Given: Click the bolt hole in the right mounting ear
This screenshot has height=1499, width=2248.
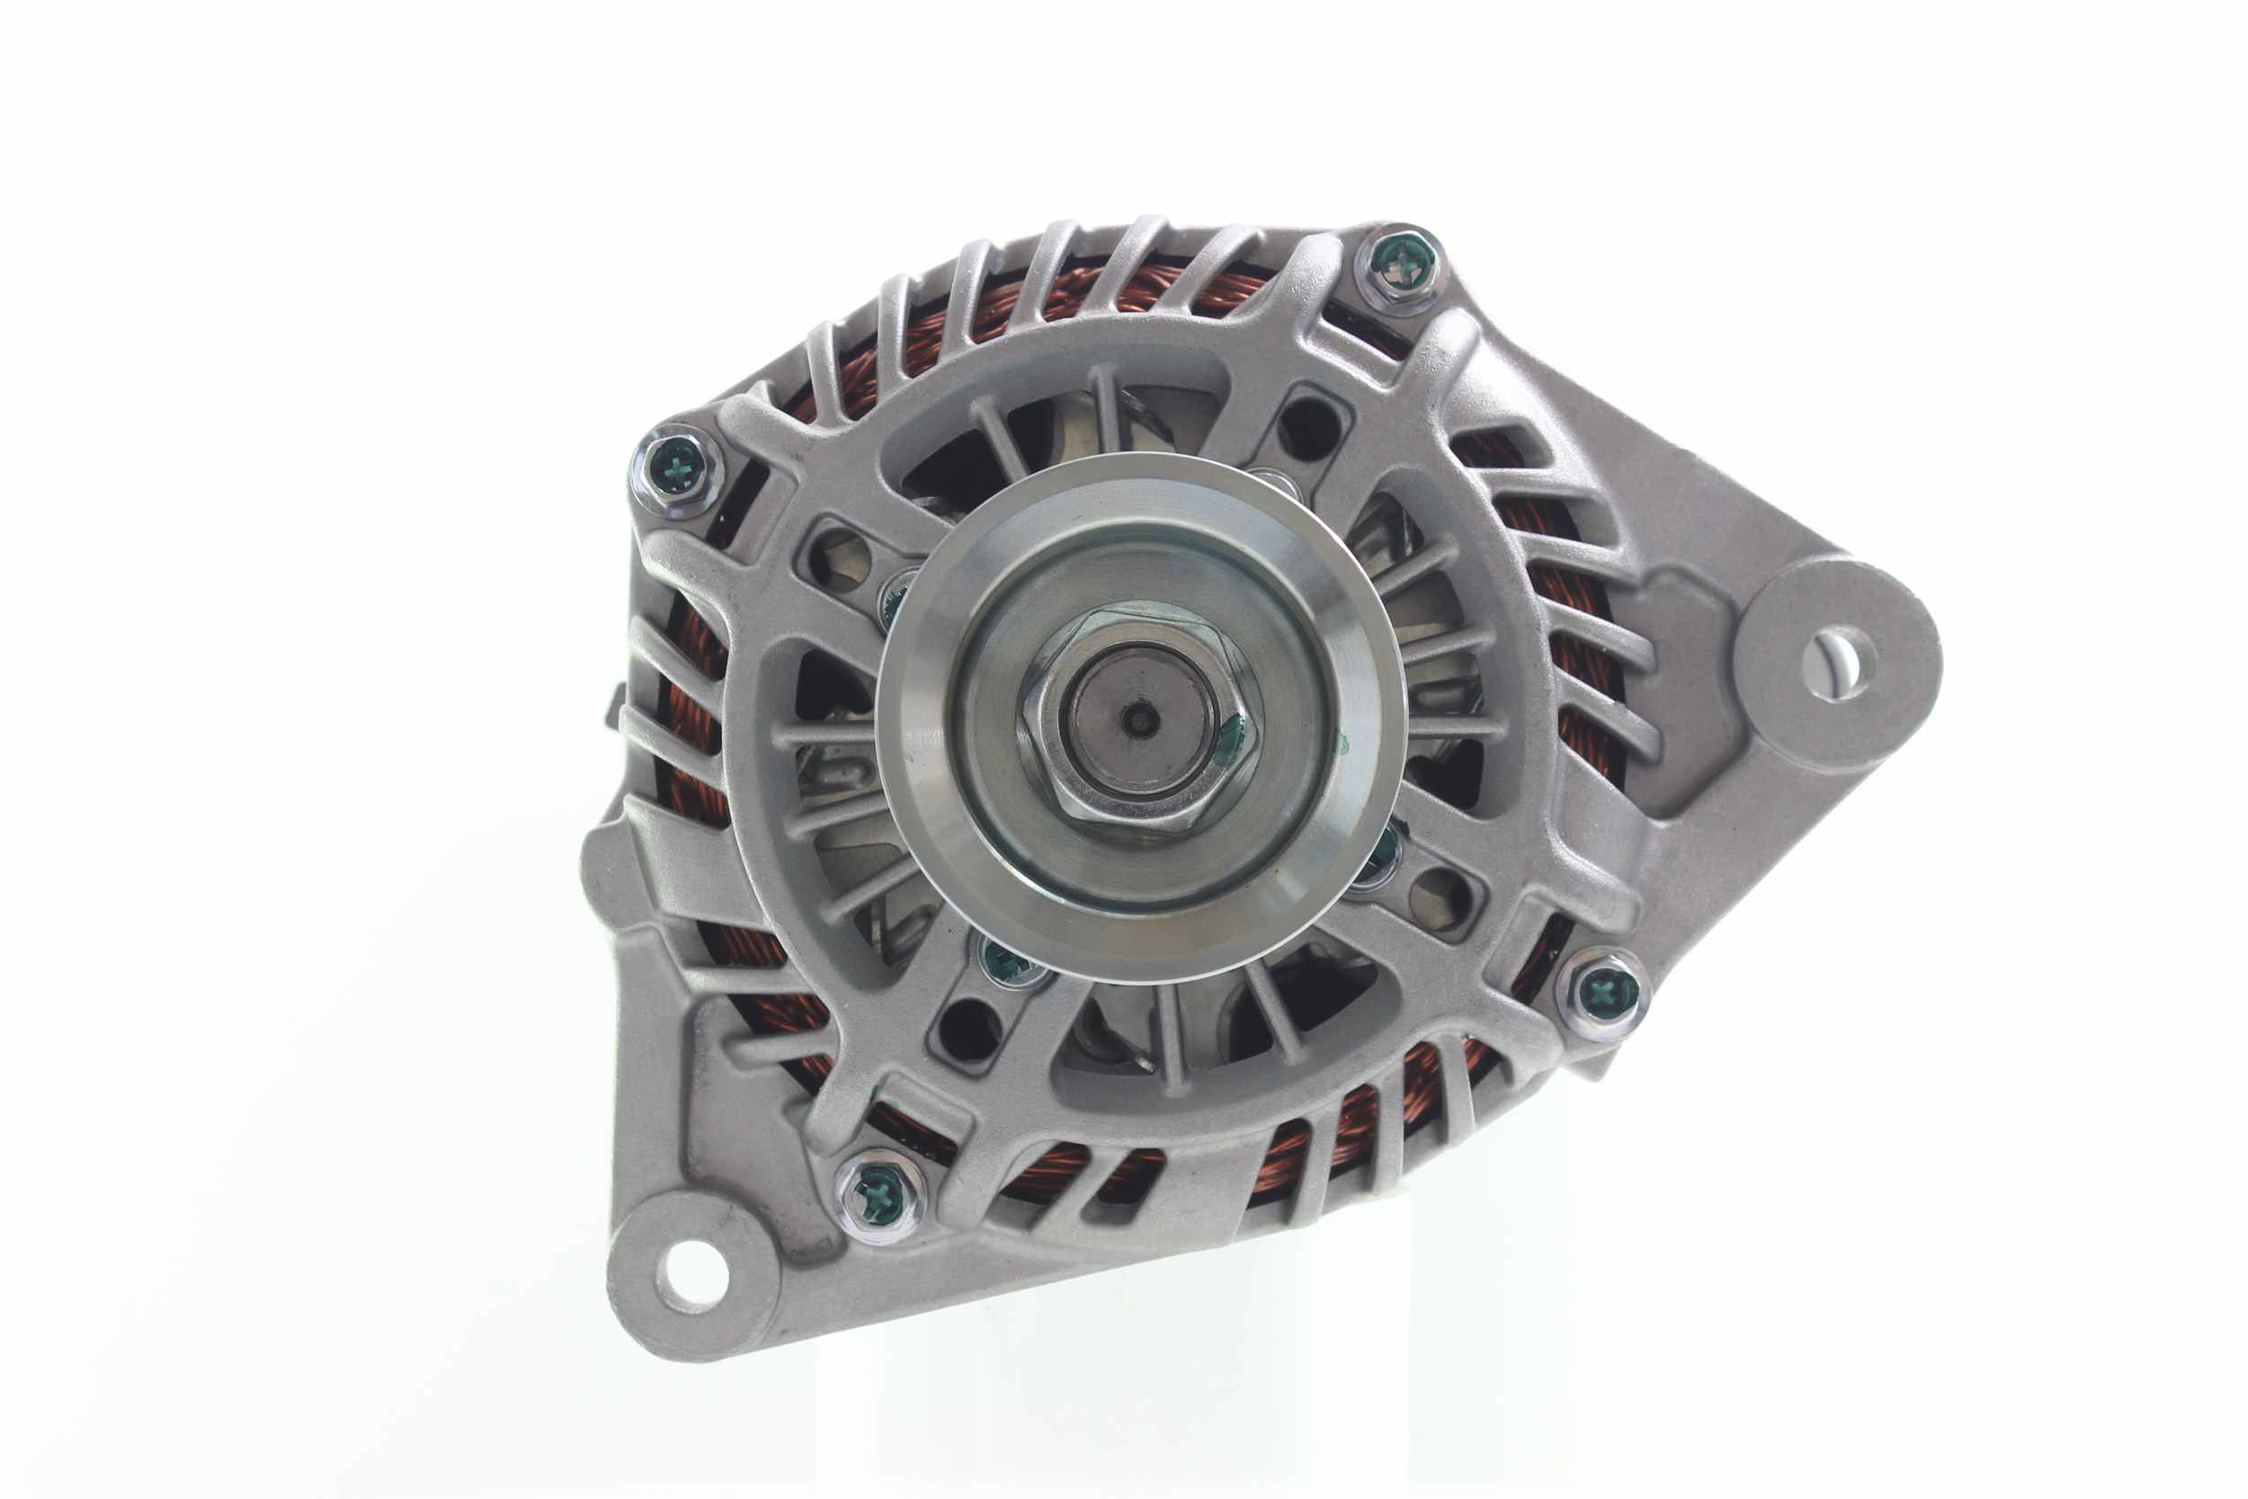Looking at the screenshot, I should pyautogui.click(x=1838, y=663).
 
